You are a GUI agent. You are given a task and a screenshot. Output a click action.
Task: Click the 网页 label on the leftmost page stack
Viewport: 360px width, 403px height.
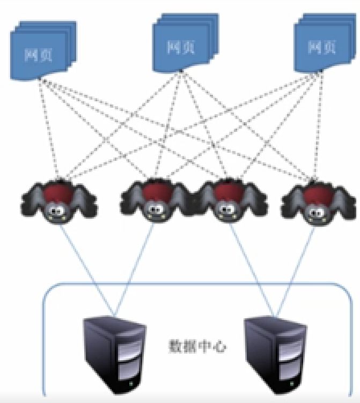click(x=39, y=55)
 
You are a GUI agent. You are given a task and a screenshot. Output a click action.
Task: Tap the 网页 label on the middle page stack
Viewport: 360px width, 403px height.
click(x=181, y=47)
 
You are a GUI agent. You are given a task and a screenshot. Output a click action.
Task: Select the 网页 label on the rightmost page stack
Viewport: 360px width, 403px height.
click(x=322, y=47)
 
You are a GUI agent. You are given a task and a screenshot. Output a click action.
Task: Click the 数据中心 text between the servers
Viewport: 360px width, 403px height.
click(x=197, y=347)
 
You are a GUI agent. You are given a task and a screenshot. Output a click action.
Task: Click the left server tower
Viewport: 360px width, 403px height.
click(x=115, y=355)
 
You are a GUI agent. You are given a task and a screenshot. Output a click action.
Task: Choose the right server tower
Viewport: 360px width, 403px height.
click(x=275, y=355)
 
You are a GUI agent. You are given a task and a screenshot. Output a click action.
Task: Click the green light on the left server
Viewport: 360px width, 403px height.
click(x=131, y=384)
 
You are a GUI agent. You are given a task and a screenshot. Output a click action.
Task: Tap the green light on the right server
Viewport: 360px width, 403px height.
click(x=291, y=384)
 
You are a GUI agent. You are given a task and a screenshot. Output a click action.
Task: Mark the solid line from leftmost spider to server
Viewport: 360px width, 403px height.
click(x=87, y=270)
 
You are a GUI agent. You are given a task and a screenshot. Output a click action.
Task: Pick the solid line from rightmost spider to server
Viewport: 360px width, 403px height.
click(x=295, y=271)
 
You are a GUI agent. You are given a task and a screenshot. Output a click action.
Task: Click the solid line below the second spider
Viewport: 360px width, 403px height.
click(x=134, y=270)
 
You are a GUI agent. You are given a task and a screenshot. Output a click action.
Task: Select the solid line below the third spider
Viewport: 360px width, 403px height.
click(x=252, y=270)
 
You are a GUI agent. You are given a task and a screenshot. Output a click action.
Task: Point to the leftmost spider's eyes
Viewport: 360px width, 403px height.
click(x=57, y=211)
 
